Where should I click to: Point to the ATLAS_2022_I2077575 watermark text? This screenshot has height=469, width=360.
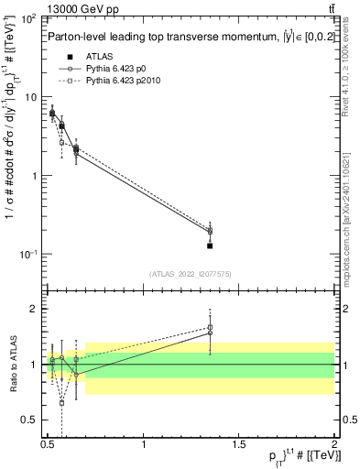(x=190, y=273)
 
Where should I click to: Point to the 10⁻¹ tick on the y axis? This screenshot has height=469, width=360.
(x=27, y=254)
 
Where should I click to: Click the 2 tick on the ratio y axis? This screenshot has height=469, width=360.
(x=33, y=309)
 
